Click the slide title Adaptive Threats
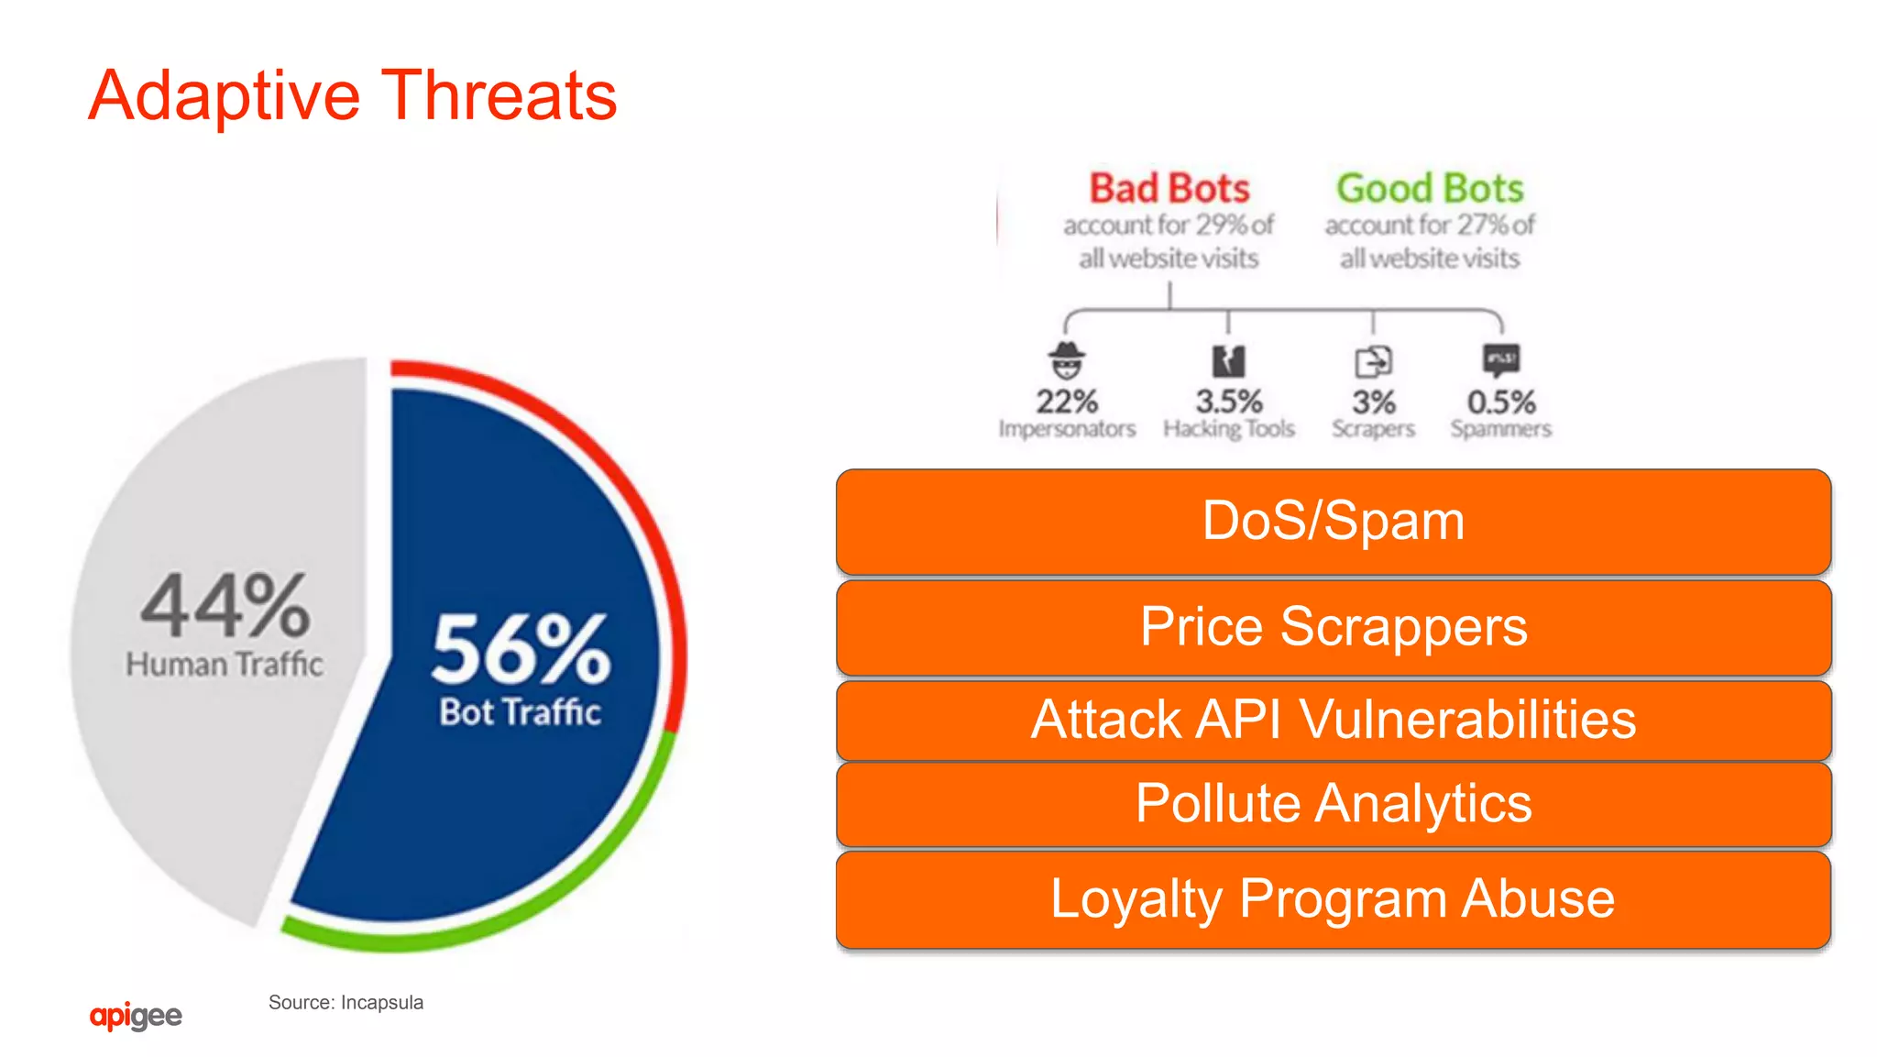coord(353,95)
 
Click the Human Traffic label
coord(225,664)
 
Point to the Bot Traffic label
coord(520,712)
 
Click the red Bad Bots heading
coord(1169,188)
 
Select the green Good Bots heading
coord(1430,188)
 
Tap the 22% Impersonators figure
coord(1067,402)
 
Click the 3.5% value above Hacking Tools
coord(1229,402)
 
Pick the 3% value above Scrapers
coord(1374,402)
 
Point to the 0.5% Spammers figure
coord(1501,402)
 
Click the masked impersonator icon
coord(1067,360)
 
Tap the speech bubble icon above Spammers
coord(1501,359)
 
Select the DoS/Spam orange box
coord(1334,522)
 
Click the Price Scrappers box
coord(1334,628)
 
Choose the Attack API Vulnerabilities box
coord(1334,720)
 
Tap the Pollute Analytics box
coord(1334,804)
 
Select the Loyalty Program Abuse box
coord(1334,899)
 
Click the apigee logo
coord(136,1016)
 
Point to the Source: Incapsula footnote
coord(346,1003)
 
